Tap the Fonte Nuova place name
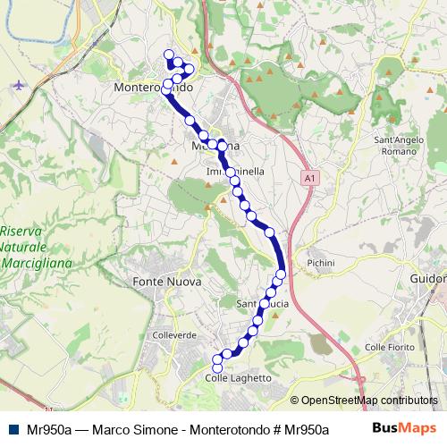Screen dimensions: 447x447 167,282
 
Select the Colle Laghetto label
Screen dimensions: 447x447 239,379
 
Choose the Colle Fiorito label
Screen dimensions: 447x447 387,347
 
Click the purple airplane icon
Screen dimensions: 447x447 21,85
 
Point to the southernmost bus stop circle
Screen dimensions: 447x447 216,368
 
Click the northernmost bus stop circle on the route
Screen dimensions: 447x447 168,55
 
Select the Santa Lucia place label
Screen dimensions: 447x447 263,305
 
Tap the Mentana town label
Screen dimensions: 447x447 215,146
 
